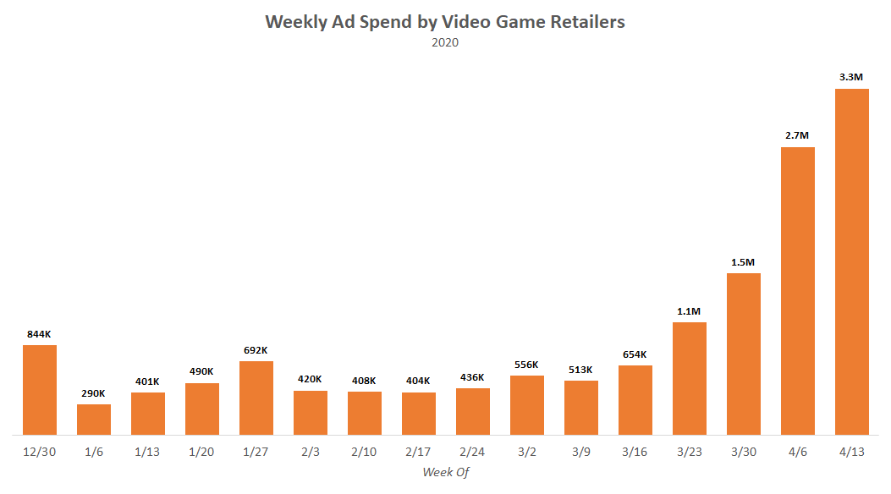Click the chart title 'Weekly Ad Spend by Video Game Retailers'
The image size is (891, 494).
click(x=445, y=22)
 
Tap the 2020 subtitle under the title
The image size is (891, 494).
click(x=445, y=42)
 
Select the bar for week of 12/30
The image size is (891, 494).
click(x=40, y=389)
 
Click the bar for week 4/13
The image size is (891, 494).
click(x=852, y=262)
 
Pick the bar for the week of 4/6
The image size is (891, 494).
click(x=798, y=291)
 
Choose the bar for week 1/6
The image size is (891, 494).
click(x=94, y=420)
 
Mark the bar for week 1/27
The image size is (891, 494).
click(x=256, y=398)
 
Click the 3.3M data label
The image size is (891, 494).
click(x=851, y=77)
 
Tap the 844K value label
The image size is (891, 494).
click(x=40, y=334)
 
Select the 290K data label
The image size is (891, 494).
click(x=94, y=393)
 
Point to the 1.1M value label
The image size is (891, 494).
click(x=689, y=311)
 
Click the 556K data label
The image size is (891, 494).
click(x=526, y=365)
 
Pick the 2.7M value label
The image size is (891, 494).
click(x=797, y=135)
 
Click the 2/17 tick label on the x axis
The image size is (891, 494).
click(x=419, y=453)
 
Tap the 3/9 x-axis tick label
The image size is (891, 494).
click(x=581, y=453)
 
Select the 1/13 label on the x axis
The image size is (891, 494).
click(x=148, y=453)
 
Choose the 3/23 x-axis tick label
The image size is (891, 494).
click(x=690, y=453)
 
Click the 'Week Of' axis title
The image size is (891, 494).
click(x=445, y=472)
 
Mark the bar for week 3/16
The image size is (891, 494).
click(x=635, y=400)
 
